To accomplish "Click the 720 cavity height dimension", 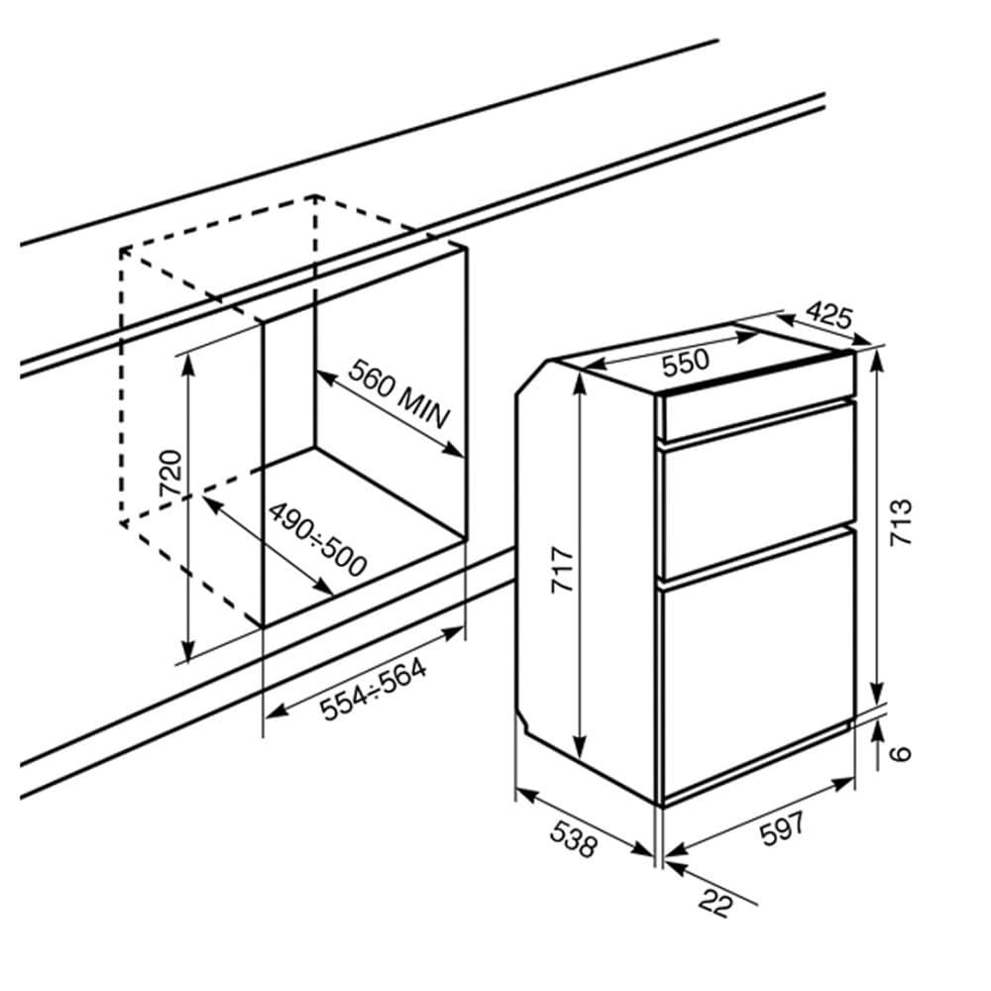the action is click(170, 472).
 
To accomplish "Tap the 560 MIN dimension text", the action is click(399, 393).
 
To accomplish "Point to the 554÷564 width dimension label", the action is click(373, 690).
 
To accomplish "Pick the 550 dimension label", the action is click(686, 362).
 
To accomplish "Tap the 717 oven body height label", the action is click(563, 571).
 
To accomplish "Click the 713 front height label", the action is click(901, 522).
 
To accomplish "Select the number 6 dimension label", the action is click(902, 753).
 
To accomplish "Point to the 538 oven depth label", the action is click(573, 838).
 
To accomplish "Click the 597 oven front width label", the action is click(783, 828).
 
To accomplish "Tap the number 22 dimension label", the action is click(716, 903).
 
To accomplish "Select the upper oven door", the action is click(757, 492).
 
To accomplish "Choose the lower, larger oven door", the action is click(757, 665).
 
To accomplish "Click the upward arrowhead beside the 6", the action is click(878, 733).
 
